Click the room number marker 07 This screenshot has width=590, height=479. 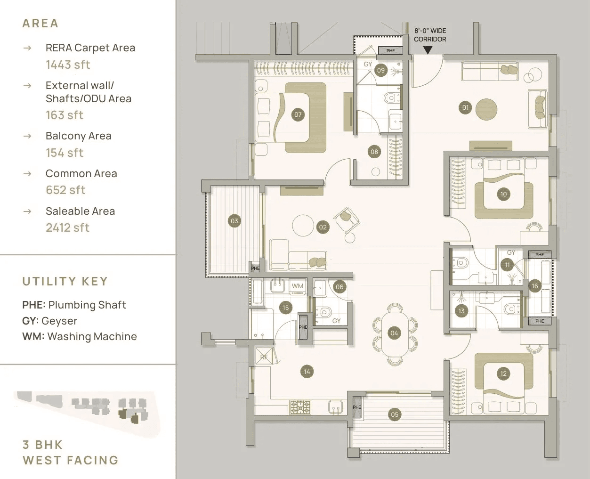point(298,114)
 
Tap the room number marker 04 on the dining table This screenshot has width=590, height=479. point(394,333)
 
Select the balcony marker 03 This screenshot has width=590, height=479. point(234,220)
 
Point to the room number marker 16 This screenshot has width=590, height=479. point(534,286)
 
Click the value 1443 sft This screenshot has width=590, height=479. point(68,65)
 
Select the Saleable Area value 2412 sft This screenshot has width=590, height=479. point(67,227)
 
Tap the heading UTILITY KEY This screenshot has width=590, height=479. point(65,281)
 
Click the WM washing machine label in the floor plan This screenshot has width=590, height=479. point(297,286)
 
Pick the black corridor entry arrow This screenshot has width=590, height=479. point(428,49)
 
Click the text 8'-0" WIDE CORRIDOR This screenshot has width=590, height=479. point(430,35)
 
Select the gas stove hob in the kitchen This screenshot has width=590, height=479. point(300,407)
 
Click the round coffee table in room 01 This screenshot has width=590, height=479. point(486,109)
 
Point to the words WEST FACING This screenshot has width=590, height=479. point(70,460)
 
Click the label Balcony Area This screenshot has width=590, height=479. point(78,136)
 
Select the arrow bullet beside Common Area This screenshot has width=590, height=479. point(28,174)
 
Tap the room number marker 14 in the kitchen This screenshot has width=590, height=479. point(307,372)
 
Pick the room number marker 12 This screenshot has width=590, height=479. point(503,373)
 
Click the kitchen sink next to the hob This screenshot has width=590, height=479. point(336,407)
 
